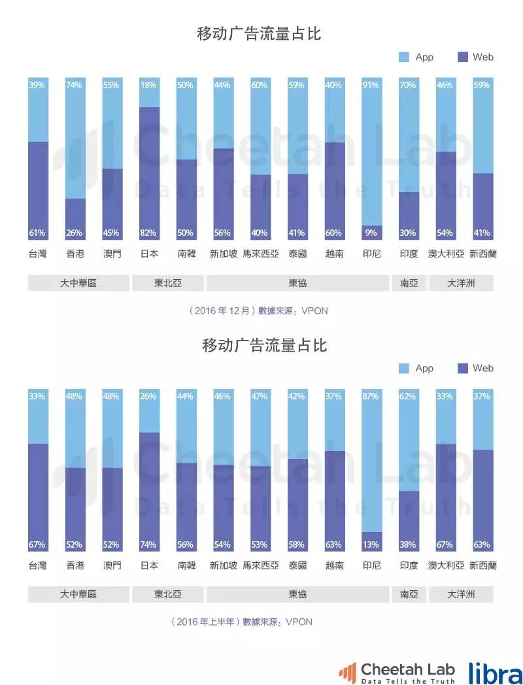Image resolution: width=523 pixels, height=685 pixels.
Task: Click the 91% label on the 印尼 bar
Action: tap(371, 85)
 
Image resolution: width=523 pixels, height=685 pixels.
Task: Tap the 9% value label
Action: tap(371, 233)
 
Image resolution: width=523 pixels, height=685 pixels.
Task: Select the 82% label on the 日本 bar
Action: tap(148, 233)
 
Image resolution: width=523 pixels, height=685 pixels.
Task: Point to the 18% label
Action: tap(148, 85)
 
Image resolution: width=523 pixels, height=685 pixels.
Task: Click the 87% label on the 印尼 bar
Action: tap(371, 396)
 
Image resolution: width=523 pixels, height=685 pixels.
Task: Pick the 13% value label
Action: tap(371, 544)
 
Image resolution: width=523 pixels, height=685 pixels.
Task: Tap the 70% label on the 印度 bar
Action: tap(409, 85)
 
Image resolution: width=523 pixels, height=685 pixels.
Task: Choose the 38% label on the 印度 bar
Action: tap(409, 544)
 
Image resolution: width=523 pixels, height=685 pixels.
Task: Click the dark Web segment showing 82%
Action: tap(149, 170)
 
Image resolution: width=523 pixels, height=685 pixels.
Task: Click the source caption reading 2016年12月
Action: tap(258, 311)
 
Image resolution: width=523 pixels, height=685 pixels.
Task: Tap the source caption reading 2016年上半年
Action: tap(242, 622)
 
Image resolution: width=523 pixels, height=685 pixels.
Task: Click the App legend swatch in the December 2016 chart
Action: tap(404, 58)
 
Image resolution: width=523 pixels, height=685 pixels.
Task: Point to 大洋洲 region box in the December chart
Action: tap(461, 283)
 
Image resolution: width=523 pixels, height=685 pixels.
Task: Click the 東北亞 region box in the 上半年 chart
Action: tap(168, 594)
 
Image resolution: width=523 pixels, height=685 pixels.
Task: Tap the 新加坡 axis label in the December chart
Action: tap(224, 254)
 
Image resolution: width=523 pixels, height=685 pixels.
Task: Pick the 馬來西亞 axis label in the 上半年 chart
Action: tap(261, 565)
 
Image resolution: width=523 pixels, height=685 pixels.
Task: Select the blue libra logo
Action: tap(495, 672)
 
